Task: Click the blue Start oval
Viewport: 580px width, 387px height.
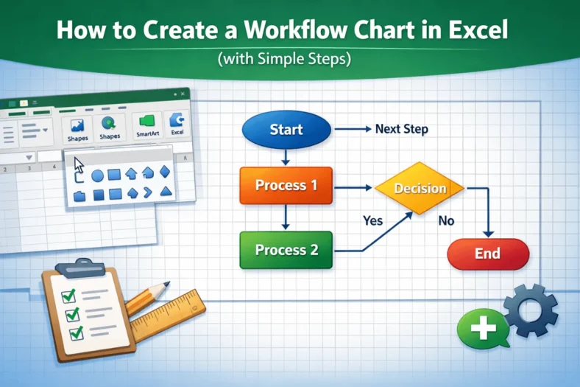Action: tap(286, 130)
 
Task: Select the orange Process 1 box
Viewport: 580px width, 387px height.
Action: tap(286, 186)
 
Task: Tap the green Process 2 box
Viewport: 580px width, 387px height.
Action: tap(286, 250)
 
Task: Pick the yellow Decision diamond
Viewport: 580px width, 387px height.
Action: tap(420, 189)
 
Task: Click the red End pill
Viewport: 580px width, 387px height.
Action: tap(488, 254)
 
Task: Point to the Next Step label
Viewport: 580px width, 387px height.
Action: tap(401, 129)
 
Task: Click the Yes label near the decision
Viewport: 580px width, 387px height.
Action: tap(374, 220)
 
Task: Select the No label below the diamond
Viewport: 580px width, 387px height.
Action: tap(446, 220)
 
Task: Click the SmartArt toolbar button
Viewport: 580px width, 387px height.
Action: tap(149, 126)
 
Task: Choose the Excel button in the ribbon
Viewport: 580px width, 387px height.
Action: tap(177, 125)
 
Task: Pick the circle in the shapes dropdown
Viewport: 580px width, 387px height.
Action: tap(96, 175)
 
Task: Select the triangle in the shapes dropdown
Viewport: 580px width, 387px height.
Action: tap(166, 192)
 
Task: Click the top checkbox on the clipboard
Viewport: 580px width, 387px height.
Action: tap(68, 296)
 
